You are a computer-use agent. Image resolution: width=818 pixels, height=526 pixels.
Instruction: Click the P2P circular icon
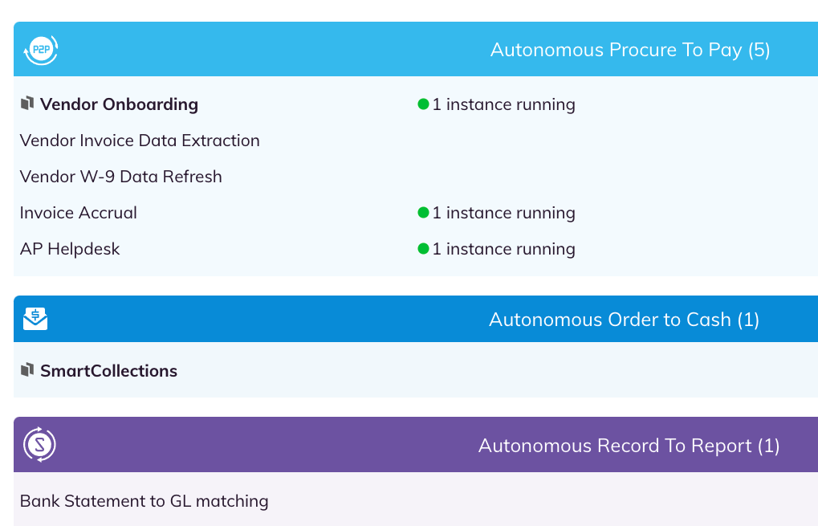[41, 50]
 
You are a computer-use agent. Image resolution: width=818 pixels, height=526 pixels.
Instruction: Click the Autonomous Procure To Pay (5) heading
[630, 50]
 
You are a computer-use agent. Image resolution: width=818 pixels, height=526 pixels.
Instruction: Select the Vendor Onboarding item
[119, 104]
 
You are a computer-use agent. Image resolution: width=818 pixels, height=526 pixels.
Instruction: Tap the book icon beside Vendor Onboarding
[27, 104]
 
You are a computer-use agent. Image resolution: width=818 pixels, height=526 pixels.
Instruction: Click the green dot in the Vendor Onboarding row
[423, 104]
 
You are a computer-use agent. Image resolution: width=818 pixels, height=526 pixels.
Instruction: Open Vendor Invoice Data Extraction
[140, 141]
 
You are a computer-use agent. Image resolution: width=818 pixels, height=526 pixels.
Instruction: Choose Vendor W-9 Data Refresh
[121, 177]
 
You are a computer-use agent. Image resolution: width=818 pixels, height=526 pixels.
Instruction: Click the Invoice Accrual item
[78, 213]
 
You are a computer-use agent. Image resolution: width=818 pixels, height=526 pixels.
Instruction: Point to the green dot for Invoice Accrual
[423, 213]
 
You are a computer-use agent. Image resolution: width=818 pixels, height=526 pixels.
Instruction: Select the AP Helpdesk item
[70, 249]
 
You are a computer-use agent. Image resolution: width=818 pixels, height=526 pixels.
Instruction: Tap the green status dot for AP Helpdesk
[423, 249]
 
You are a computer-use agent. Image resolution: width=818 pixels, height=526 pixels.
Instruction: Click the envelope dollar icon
[35, 319]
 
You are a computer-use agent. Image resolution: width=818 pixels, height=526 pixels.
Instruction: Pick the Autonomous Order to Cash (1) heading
[624, 320]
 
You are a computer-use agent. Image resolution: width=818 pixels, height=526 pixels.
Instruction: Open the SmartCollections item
[108, 371]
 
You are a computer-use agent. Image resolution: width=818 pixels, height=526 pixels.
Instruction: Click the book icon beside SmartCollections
[27, 370]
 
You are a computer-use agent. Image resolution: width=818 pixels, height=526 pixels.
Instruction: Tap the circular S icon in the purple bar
[39, 445]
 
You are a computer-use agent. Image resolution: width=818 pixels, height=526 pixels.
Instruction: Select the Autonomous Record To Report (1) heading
[629, 446]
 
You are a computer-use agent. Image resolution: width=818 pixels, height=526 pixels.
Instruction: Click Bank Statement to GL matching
[144, 501]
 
